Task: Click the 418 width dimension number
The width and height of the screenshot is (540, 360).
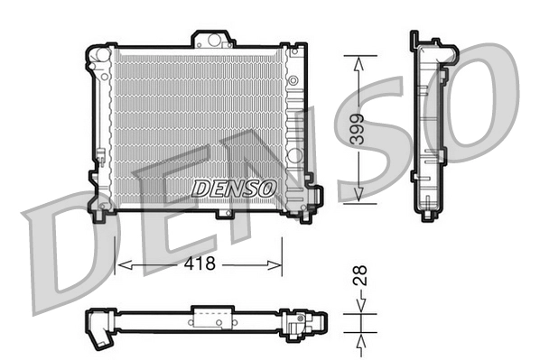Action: [200, 263]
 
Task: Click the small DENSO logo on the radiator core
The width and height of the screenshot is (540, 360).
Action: [233, 188]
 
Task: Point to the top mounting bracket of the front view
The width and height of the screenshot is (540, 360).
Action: [211, 39]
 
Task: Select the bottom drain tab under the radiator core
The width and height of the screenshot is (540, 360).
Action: [224, 214]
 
